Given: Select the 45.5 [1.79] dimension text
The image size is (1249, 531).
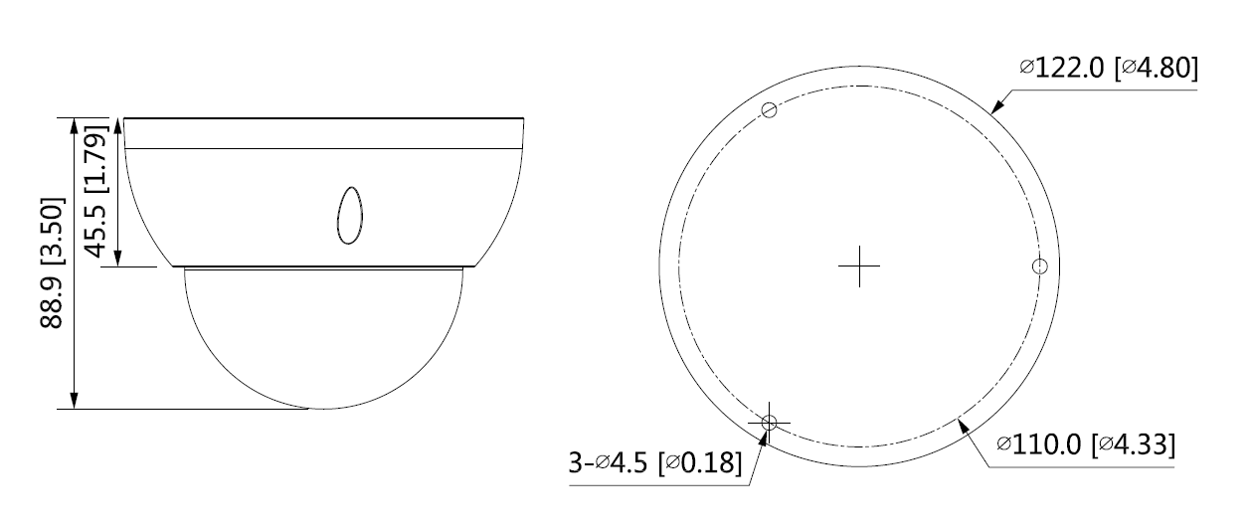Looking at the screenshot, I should (x=95, y=191).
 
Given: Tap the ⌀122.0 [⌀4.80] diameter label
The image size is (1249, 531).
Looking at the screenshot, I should (x=1108, y=68).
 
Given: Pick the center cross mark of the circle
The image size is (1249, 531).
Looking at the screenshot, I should (x=859, y=266).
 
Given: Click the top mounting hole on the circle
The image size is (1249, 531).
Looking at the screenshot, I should (x=768, y=109).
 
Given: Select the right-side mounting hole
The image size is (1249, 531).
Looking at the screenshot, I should (x=1039, y=266).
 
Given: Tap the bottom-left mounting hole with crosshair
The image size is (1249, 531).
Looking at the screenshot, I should (x=768, y=423).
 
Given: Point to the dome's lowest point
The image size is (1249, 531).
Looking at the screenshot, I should (x=323, y=408).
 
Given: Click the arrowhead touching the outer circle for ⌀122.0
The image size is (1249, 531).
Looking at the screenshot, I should (x=997, y=108).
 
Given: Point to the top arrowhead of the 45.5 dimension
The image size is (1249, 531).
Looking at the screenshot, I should (x=119, y=125).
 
